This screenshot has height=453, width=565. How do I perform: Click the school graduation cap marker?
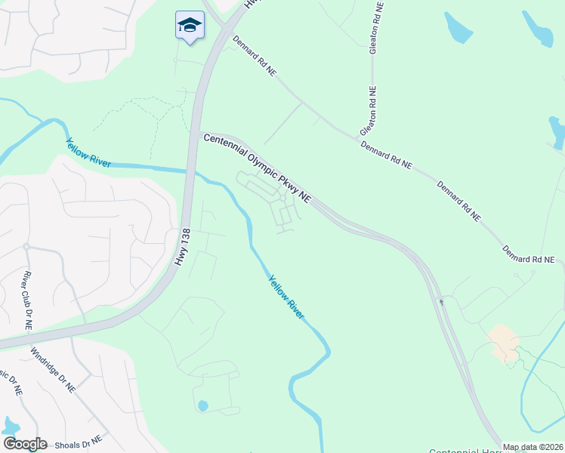click(x=190, y=26)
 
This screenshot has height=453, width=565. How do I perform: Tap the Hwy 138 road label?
click(x=181, y=246)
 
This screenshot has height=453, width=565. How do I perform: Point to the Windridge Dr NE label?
click(x=53, y=369)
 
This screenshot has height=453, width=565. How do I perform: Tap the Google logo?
click(x=25, y=444)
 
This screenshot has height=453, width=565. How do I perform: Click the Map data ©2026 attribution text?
click(x=532, y=447)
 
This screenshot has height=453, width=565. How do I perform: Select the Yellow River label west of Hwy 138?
click(x=88, y=153)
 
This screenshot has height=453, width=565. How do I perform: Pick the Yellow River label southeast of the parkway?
click(x=286, y=297)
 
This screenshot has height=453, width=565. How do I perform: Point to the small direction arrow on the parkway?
click(x=441, y=303)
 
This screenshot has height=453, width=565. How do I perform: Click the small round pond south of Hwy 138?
click(x=202, y=406)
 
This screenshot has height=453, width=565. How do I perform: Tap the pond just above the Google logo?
click(x=11, y=426)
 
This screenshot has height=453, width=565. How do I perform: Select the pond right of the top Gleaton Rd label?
click(x=458, y=28)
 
